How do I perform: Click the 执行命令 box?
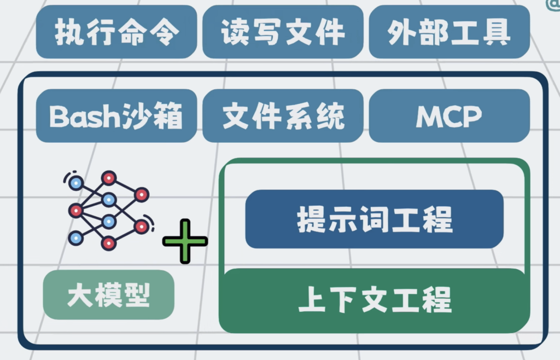point(116,32)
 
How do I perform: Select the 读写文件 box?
point(283,32)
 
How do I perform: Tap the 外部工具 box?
point(449,32)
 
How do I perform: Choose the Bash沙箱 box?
point(116,115)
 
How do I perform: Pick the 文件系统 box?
point(283,115)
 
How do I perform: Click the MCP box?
point(449,115)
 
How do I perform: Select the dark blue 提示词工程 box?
point(374,219)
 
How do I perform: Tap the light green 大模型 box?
point(108,295)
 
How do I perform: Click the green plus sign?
point(185,241)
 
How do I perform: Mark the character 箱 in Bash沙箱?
point(167,116)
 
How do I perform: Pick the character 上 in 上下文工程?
point(312,300)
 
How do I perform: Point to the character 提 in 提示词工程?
point(311,219)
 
